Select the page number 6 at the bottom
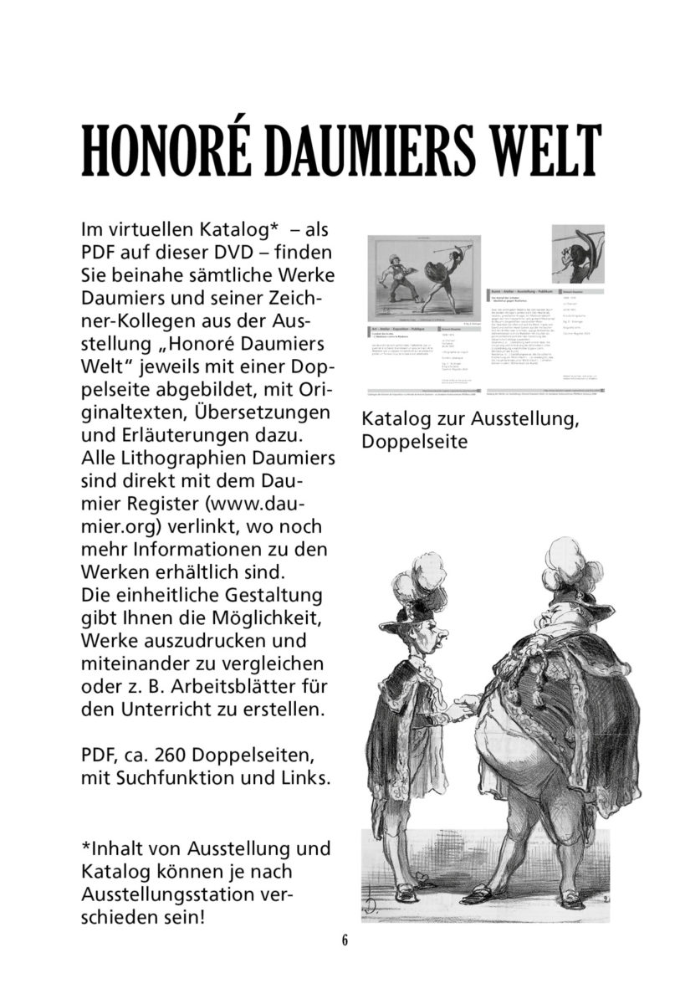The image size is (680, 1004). tap(345, 939)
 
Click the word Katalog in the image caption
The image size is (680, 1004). tap(396, 417)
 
